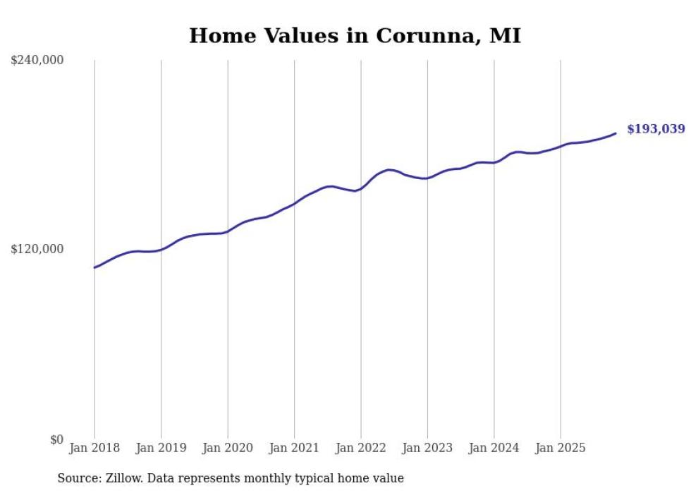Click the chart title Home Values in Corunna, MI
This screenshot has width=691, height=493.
click(x=355, y=36)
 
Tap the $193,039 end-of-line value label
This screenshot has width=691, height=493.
click(x=655, y=129)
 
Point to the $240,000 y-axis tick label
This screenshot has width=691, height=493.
click(x=37, y=61)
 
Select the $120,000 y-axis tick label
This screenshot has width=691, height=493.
click(x=37, y=250)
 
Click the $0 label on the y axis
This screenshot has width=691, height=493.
click(x=56, y=439)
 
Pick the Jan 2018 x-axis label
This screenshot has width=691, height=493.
click(x=94, y=448)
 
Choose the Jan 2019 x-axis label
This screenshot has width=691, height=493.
click(x=161, y=448)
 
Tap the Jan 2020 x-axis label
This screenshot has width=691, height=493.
click(x=228, y=448)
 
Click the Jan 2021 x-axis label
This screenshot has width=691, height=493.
click(x=294, y=448)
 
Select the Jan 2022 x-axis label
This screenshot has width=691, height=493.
click(x=361, y=448)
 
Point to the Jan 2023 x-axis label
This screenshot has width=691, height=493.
click(x=427, y=448)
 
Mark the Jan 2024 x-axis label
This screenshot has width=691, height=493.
click(x=494, y=448)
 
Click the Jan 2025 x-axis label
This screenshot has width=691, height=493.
click(x=561, y=448)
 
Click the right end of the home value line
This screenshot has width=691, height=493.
click(x=616, y=133)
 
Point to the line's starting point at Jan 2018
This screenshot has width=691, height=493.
click(x=94, y=267)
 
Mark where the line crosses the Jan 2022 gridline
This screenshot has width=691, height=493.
click(x=361, y=188)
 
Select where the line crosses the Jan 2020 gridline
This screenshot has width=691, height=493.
click(x=228, y=231)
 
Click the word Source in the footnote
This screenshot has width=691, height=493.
click(x=77, y=478)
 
